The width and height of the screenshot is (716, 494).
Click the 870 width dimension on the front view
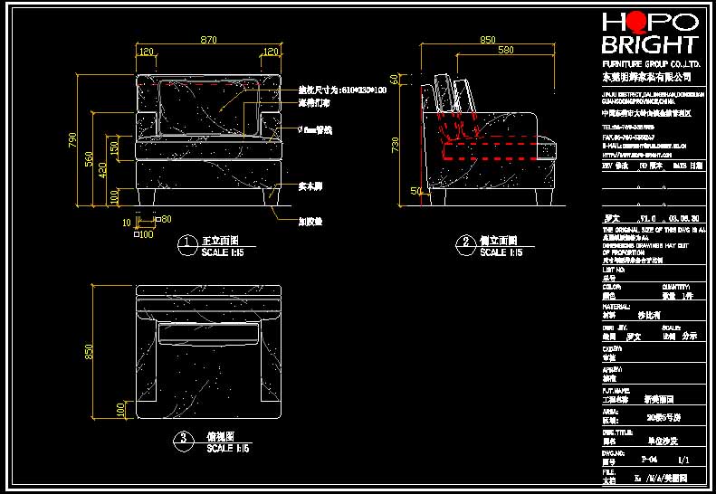tap(208, 40)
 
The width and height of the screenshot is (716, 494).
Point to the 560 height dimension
tap(90, 158)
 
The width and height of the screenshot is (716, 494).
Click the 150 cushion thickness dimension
tap(115, 147)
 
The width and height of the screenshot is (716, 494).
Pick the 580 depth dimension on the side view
tap(506, 50)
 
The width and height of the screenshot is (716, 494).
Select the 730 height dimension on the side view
tap(395, 145)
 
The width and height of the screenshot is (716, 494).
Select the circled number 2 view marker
tap(465, 242)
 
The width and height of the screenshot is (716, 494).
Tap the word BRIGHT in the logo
tap(651, 44)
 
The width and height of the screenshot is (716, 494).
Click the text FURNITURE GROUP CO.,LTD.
tap(652, 65)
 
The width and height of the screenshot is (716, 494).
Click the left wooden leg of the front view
tap(143, 196)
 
